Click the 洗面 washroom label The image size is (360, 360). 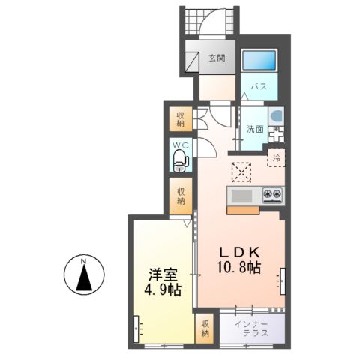point(255,128)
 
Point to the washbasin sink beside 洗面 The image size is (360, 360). point(276,118)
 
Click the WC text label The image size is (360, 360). point(181,145)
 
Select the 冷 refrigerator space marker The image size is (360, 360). point(277,158)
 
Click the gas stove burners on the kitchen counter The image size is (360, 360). point(272,196)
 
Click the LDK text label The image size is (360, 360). point(238,252)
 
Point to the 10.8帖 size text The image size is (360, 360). point(238,268)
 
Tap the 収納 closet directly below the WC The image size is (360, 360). point(181,194)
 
